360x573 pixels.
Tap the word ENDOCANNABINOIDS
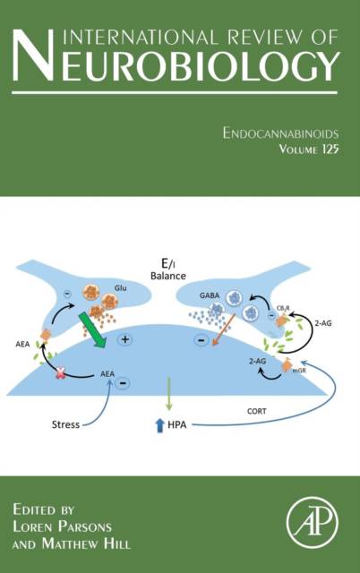tap(280, 133)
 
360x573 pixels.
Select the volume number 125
tap(330, 149)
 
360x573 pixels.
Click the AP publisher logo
tap(313, 522)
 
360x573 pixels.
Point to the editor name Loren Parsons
tap(62, 526)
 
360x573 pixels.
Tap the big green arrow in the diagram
tap(92, 329)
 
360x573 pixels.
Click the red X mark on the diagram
tap(60, 373)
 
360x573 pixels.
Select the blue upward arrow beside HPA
tap(159, 425)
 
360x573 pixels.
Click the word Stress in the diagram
tap(65, 424)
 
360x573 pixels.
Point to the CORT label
tap(257, 411)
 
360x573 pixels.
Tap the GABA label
tap(210, 295)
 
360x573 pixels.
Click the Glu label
tap(121, 288)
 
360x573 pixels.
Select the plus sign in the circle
tap(125, 339)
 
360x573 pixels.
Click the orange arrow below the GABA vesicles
tap(223, 329)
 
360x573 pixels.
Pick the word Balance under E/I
tap(168, 276)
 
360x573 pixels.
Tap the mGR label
tap(298, 370)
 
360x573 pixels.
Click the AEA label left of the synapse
tap(22, 344)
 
